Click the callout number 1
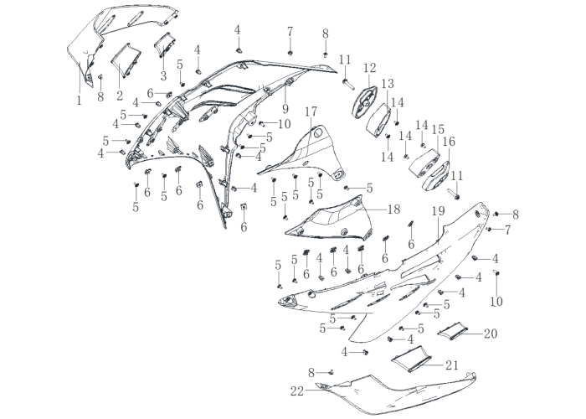click(79, 101)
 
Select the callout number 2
click(120, 96)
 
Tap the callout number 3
click(163, 76)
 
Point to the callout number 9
click(285, 109)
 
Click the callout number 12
click(370, 68)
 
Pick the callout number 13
click(388, 84)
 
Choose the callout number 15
click(438, 130)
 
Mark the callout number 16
click(450, 142)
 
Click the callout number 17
click(311, 111)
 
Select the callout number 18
click(394, 209)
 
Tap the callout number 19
click(439, 211)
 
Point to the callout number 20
click(491, 334)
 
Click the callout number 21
click(451, 365)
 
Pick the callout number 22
click(297, 391)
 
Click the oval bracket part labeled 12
click(364, 102)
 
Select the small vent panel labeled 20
click(453, 330)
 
